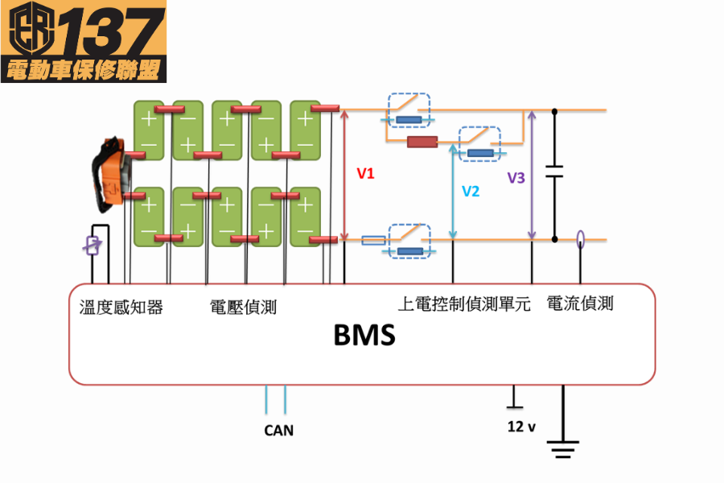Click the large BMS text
click(364, 334)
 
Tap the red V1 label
click(366, 173)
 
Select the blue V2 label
click(471, 191)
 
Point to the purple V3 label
click(516, 178)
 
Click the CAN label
click(279, 431)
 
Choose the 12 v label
click(521, 427)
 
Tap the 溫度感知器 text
click(121, 307)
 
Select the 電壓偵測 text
click(243, 307)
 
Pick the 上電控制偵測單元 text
click(464, 305)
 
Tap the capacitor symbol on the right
click(554, 171)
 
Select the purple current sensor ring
click(580, 238)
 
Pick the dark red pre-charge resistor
click(422, 142)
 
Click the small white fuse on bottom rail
click(373, 240)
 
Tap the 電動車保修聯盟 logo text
click(84, 69)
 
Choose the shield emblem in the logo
click(30, 29)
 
